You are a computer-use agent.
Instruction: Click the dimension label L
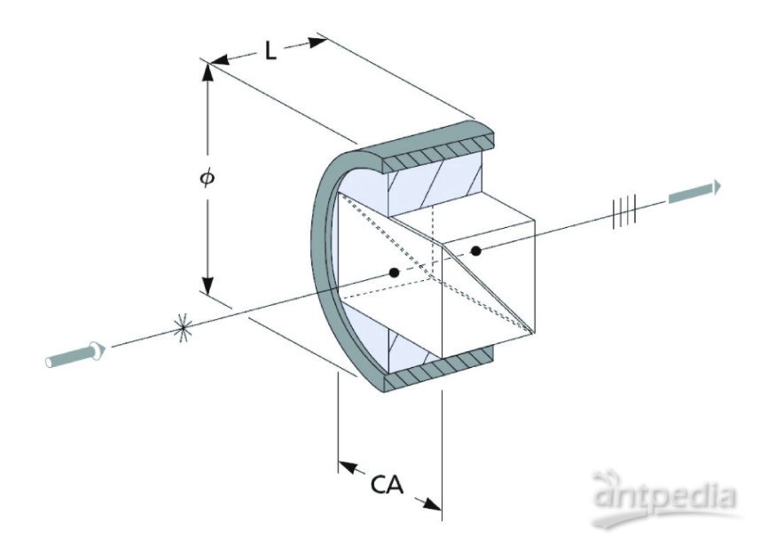(x=270, y=51)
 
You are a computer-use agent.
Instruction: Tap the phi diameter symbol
(x=207, y=177)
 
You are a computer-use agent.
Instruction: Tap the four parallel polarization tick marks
(x=624, y=212)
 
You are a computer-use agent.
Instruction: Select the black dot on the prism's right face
(x=476, y=251)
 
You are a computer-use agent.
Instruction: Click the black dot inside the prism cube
(x=394, y=271)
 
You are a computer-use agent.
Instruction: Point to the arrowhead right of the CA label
(x=430, y=504)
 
